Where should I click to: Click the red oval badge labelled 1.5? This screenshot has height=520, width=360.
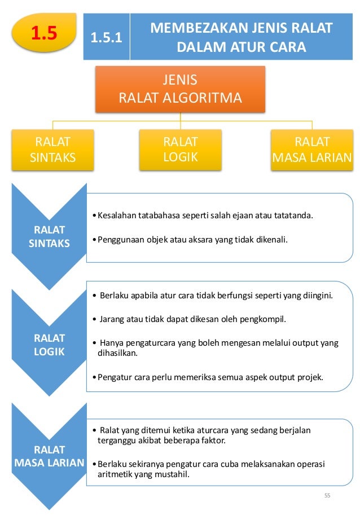44,33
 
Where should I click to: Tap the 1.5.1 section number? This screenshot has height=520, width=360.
106,39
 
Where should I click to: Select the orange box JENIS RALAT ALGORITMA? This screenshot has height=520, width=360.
180,89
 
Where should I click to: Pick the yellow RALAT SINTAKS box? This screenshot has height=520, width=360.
52,149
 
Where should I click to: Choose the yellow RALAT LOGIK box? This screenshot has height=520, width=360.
180,149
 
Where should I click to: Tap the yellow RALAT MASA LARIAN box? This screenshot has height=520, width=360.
311,149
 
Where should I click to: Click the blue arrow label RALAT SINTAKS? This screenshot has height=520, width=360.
49,237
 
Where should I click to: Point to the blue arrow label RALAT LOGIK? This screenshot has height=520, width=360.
49,345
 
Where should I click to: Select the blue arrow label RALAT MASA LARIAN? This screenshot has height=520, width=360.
49,456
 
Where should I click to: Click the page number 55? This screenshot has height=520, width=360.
327,496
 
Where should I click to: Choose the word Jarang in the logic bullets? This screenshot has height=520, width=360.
112,319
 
